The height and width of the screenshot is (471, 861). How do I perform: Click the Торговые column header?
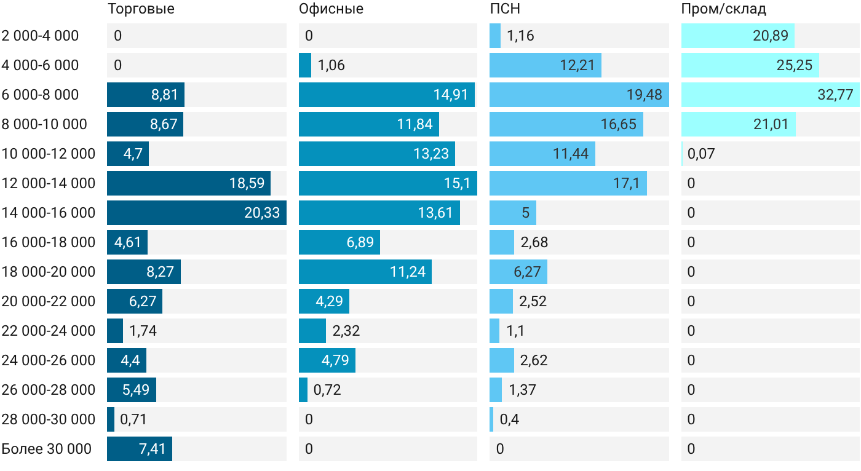tap(141, 9)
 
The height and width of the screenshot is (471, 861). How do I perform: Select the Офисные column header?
tap(331, 9)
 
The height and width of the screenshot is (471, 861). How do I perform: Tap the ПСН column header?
tap(505, 9)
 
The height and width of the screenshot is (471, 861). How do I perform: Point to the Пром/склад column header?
tap(724, 9)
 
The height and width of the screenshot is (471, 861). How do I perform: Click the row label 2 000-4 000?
tap(40, 36)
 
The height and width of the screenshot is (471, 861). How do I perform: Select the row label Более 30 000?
tap(47, 449)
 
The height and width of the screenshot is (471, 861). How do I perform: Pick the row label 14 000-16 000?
tap(49, 213)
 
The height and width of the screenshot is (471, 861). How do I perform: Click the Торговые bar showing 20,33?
tap(197, 213)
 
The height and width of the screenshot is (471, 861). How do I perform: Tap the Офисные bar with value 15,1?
tap(388, 183)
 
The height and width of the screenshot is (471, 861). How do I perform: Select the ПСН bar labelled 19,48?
tap(579, 95)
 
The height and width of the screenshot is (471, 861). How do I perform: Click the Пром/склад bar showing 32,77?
tap(770, 95)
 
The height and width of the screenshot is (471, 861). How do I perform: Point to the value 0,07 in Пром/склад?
tap(701, 154)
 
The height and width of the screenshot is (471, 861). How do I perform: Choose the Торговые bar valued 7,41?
tap(140, 449)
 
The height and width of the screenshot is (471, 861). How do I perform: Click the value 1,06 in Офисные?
tap(331, 65)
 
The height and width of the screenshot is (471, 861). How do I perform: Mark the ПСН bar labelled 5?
tap(513, 213)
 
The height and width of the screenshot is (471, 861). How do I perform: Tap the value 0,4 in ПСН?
tap(509, 419)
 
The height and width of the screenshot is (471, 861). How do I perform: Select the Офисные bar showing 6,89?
tap(339, 242)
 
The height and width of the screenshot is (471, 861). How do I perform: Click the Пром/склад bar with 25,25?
tap(750, 65)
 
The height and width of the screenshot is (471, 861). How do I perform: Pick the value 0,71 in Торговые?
tap(133, 419)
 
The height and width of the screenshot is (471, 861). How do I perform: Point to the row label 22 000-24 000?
tap(49, 331)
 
